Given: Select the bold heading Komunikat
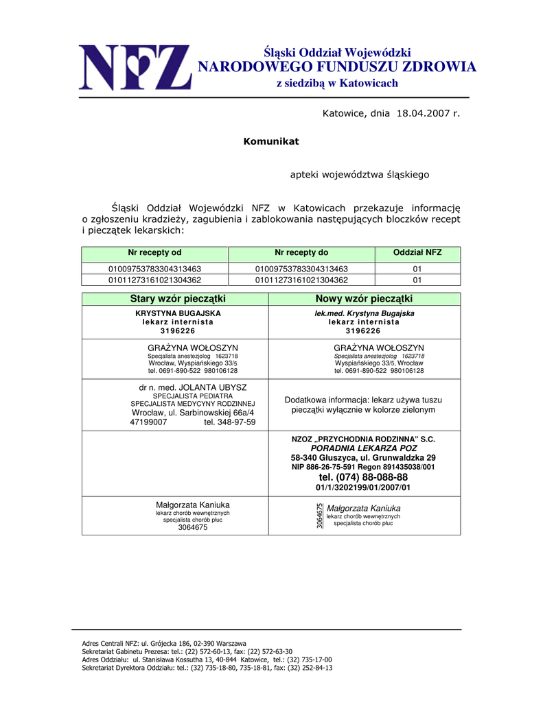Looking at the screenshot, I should [271, 141].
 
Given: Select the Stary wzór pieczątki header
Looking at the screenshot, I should [178, 299].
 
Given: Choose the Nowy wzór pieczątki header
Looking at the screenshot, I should [364, 299].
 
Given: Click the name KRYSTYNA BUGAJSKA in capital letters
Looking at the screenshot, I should [178, 313].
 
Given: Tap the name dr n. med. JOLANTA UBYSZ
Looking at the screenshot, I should [193, 387].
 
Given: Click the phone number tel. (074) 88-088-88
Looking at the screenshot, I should [363, 477].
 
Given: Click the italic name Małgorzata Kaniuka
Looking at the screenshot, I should [364, 508].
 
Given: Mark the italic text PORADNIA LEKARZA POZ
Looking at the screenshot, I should [364, 448].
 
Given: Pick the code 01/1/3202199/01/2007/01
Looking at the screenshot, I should [363, 487].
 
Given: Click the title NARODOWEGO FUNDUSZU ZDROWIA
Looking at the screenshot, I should [336, 67].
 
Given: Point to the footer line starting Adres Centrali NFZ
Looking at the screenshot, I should [164, 644].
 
